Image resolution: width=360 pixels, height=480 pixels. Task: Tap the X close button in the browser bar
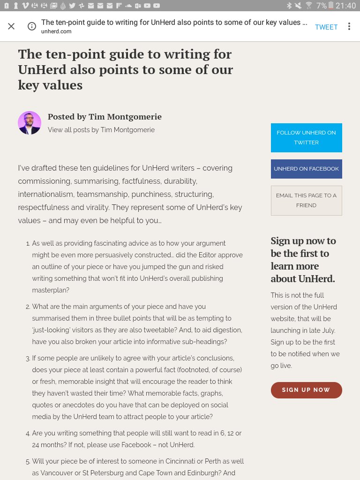point(11,26)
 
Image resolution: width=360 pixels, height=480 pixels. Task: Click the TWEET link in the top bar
point(326,27)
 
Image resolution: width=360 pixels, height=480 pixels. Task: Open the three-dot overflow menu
point(349,26)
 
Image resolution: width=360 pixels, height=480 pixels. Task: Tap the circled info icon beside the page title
point(32,26)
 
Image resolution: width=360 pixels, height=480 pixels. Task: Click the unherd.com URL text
point(56,31)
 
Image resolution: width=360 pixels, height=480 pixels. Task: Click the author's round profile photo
point(30,123)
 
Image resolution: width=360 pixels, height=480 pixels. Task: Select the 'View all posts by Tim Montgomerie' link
point(101,130)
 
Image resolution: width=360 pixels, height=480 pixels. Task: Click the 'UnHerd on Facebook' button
point(306,169)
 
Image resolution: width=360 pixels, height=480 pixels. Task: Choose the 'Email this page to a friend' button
point(306,200)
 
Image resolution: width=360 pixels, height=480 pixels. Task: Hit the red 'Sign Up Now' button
point(306,390)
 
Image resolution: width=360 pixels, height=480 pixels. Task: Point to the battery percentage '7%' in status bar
point(321,6)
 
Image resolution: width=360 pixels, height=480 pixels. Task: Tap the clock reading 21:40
point(345,6)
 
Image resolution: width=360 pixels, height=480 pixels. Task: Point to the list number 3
point(28,358)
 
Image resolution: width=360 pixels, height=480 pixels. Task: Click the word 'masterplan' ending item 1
point(51,290)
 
